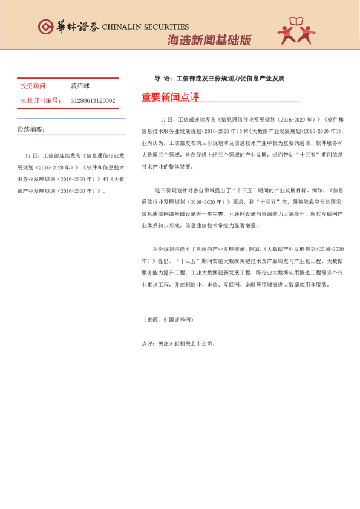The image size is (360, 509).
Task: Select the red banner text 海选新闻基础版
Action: point(208,41)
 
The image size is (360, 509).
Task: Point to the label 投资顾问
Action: point(34,86)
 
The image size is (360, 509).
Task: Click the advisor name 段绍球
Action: point(80,86)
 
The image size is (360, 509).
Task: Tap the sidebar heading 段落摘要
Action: point(31,129)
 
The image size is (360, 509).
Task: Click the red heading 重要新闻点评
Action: point(170,97)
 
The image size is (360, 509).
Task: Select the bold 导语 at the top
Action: point(162,79)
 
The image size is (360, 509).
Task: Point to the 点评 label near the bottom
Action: point(147,343)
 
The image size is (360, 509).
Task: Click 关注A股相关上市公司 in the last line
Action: point(185,343)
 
